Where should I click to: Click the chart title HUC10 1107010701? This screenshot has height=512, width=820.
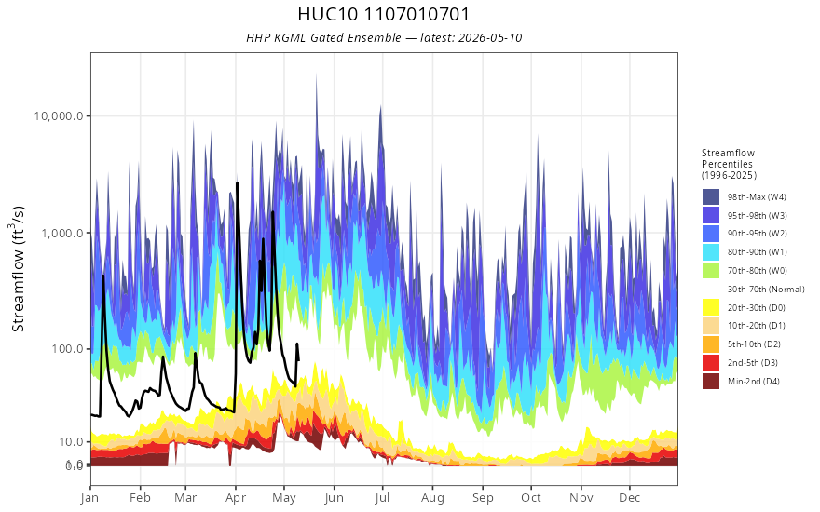click(x=384, y=14)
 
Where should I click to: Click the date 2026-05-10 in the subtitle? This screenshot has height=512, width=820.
click(x=490, y=37)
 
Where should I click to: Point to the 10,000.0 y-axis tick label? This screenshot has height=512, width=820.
click(x=59, y=116)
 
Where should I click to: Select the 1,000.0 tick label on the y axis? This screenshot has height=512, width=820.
click(x=62, y=233)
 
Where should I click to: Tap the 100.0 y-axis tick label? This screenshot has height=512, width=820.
click(x=67, y=348)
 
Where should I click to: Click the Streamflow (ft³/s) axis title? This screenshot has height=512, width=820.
click(x=19, y=268)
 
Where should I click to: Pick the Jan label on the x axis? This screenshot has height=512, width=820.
click(x=90, y=498)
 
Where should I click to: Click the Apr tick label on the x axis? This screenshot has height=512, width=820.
click(x=236, y=498)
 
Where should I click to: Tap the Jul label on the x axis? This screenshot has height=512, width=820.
click(x=382, y=498)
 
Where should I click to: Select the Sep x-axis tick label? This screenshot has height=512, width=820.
click(x=483, y=498)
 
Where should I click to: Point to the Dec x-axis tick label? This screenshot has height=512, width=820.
click(x=630, y=498)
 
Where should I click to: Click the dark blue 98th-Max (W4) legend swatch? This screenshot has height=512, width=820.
click(x=711, y=197)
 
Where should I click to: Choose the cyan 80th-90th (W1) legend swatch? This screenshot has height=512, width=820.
click(x=711, y=252)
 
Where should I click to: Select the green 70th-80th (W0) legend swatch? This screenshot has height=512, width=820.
click(x=711, y=270)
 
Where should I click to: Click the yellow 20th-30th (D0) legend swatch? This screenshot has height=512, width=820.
click(x=711, y=307)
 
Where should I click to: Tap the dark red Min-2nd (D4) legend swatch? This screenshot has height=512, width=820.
click(x=711, y=381)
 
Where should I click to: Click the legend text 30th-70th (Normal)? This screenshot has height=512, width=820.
click(x=766, y=289)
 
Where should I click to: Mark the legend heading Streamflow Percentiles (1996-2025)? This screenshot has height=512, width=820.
click(x=729, y=164)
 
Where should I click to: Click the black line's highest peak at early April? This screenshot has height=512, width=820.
click(x=238, y=182)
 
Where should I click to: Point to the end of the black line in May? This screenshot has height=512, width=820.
click(x=298, y=360)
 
